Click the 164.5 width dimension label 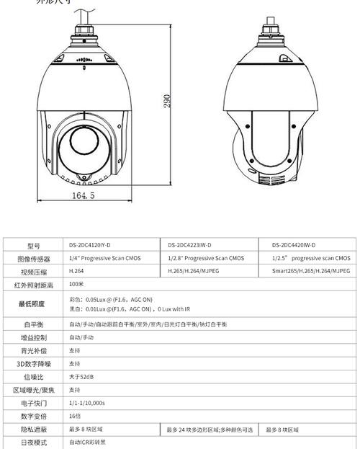click(x=84, y=195)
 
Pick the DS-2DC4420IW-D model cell click(x=294, y=245)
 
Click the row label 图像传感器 click(x=34, y=258)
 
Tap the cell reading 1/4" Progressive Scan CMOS click(x=105, y=258)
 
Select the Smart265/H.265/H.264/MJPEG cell click(x=310, y=272)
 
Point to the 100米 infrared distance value click(x=77, y=285)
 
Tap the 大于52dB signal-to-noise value click(x=81, y=377)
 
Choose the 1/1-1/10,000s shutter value click(x=87, y=403)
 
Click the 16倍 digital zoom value click(x=75, y=417)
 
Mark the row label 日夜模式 click(x=34, y=442)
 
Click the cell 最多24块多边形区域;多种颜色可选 click(x=210, y=430)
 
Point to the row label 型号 click(x=34, y=245)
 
